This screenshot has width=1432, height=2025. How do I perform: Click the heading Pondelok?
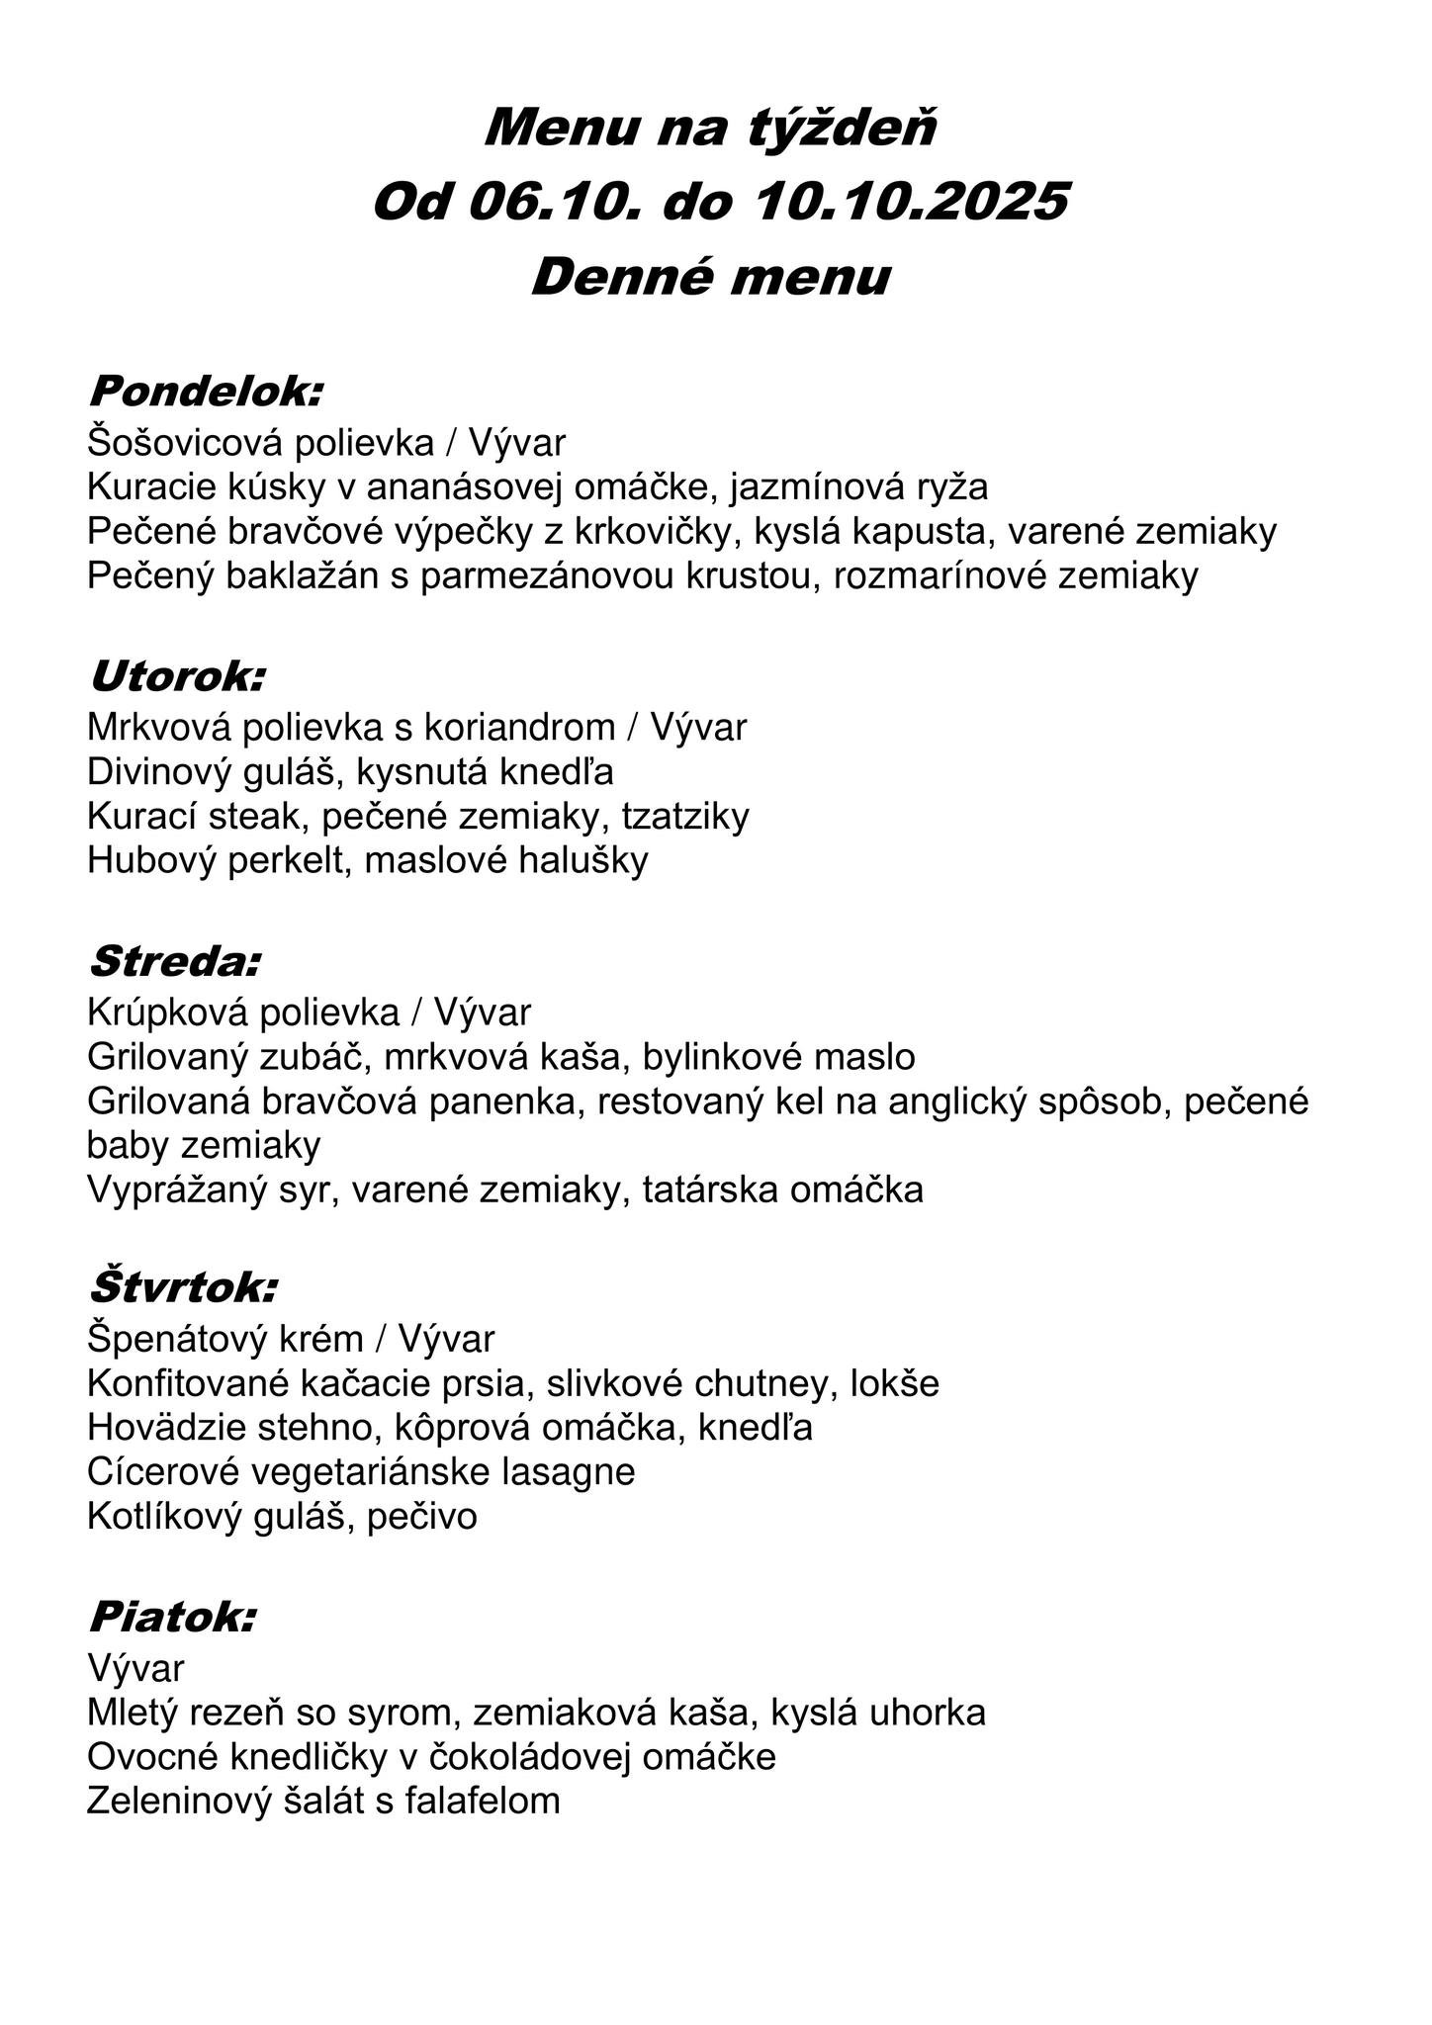pyautogui.click(x=205, y=392)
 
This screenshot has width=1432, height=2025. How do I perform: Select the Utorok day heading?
pyautogui.click(x=177, y=677)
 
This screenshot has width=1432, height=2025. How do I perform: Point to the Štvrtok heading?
pyautogui.click(x=183, y=1288)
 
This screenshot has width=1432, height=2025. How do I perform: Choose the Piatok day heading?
pyautogui.click(x=172, y=1618)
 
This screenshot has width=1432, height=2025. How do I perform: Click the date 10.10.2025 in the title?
pyautogui.click(x=911, y=202)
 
